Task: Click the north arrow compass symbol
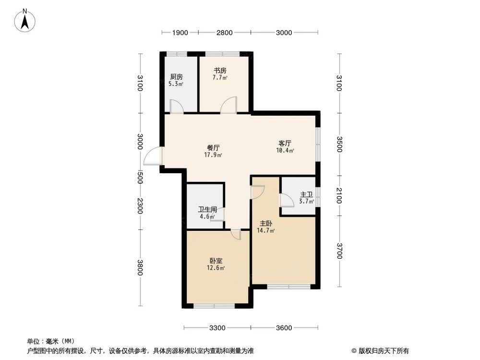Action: (x=25, y=20)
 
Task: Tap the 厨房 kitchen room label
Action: (x=176, y=77)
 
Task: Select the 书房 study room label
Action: (x=220, y=70)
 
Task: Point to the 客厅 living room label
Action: (x=285, y=143)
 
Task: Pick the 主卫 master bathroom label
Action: (x=306, y=195)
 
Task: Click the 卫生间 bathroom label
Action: (x=208, y=210)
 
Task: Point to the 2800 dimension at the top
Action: (x=224, y=33)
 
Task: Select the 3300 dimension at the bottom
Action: (x=217, y=328)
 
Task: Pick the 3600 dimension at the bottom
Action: (x=284, y=328)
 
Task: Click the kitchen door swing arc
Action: (x=176, y=107)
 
